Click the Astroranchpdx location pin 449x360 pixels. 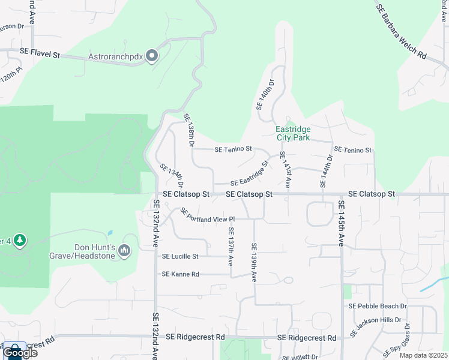tap(152, 56)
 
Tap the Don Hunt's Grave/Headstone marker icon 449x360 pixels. tap(124, 250)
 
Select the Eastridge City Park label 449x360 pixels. tap(292, 133)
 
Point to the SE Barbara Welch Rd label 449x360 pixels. tap(401, 31)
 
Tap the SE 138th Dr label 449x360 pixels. tap(190, 131)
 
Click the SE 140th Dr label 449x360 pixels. tap(265, 95)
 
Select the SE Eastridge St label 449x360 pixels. tap(248, 173)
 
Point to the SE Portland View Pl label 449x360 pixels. tap(206, 216)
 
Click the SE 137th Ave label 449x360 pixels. tap(230, 247)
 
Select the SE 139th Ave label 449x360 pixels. tap(254, 262)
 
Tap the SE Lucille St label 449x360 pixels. tap(180, 256)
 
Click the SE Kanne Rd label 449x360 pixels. tap(180, 274)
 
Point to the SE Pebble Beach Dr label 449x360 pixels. tap(378, 306)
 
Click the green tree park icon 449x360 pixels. tap(20, 241)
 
